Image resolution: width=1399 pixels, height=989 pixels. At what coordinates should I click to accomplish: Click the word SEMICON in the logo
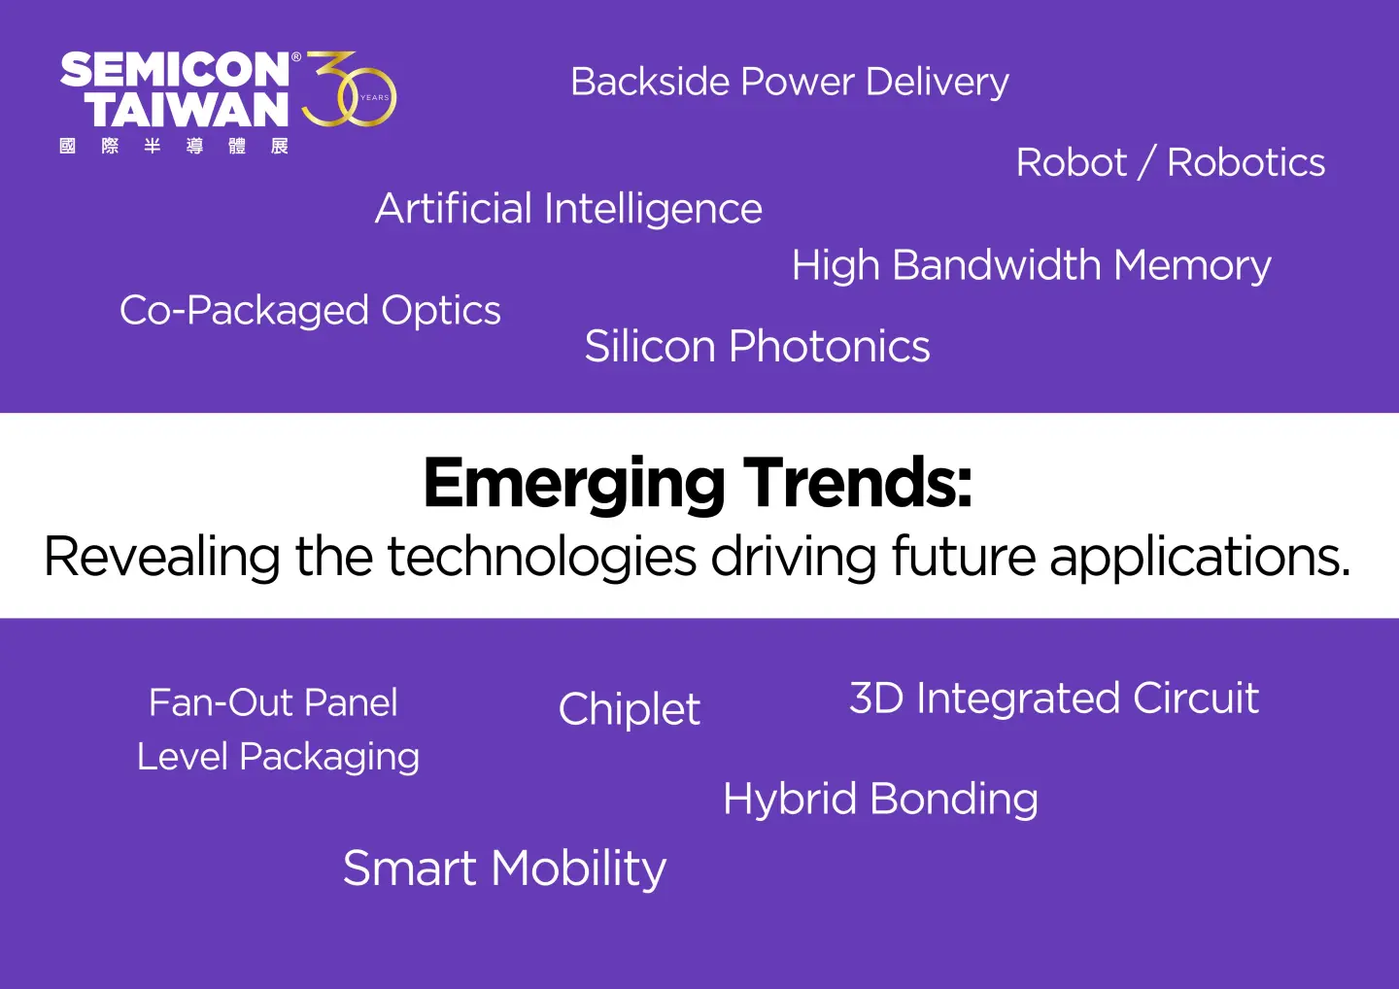click(x=175, y=69)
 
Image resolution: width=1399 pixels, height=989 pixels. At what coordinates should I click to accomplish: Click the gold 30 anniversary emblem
click(x=349, y=88)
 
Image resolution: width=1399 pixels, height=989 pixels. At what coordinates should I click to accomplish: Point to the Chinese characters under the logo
click(x=174, y=146)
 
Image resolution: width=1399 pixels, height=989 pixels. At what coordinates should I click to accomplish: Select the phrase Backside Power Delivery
click(x=790, y=83)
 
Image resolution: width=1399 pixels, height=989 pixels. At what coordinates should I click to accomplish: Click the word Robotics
click(x=1245, y=163)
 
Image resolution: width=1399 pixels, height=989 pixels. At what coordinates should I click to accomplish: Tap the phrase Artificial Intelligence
click(x=568, y=210)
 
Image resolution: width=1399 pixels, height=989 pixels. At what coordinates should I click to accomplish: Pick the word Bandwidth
click(x=997, y=264)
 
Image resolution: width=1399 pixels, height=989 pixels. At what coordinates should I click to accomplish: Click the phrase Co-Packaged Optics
click(x=310, y=311)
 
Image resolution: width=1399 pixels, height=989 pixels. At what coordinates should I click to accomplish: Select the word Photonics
click(x=830, y=347)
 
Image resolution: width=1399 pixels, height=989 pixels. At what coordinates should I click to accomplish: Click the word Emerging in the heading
click(x=574, y=485)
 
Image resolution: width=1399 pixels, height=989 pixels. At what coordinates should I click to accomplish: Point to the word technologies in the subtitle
click(x=541, y=557)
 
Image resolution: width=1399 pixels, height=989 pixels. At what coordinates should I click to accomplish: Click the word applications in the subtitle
click(x=1200, y=557)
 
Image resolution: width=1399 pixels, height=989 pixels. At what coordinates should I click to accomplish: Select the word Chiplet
click(x=630, y=709)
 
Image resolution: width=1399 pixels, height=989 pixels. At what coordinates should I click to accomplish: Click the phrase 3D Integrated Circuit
click(x=1054, y=699)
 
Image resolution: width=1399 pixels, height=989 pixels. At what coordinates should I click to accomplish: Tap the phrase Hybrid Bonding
click(x=880, y=800)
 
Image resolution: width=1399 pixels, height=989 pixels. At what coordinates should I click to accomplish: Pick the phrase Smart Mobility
click(x=504, y=870)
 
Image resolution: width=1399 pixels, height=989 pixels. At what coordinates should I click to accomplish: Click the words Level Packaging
click(x=278, y=758)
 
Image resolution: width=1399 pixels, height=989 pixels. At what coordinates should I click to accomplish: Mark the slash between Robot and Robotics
click(x=1146, y=162)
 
